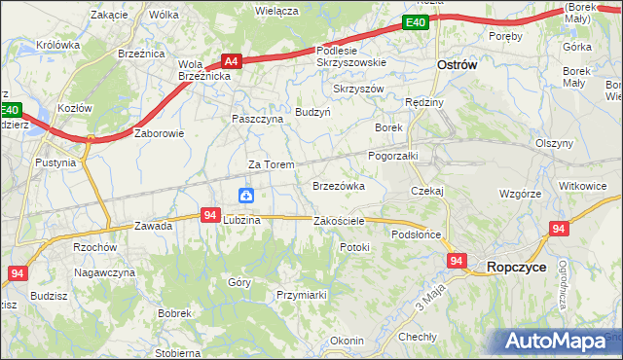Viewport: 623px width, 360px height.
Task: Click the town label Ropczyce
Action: (516, 266)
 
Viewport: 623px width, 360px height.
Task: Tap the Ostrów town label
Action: (455, 65)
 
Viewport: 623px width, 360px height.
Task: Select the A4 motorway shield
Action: (231, 59)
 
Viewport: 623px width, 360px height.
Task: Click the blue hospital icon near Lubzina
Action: (247, 196)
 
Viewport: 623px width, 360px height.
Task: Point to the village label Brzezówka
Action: (338, 185)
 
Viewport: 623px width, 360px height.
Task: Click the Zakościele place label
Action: (339, 221)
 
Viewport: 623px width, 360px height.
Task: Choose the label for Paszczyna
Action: (257, 119)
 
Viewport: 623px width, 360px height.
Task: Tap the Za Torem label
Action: (271, 164)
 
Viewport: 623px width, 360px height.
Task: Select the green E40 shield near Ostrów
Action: (416, 22)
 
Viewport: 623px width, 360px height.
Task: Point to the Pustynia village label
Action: (55, 162)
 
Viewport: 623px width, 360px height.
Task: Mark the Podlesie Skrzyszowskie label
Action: (351, 55)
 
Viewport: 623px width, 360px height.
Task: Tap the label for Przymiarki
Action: (300, 295)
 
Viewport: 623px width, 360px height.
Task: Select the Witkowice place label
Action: (582, 185)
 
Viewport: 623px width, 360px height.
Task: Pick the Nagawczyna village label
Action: (105, 273)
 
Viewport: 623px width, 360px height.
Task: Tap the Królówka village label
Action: (57, 45)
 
